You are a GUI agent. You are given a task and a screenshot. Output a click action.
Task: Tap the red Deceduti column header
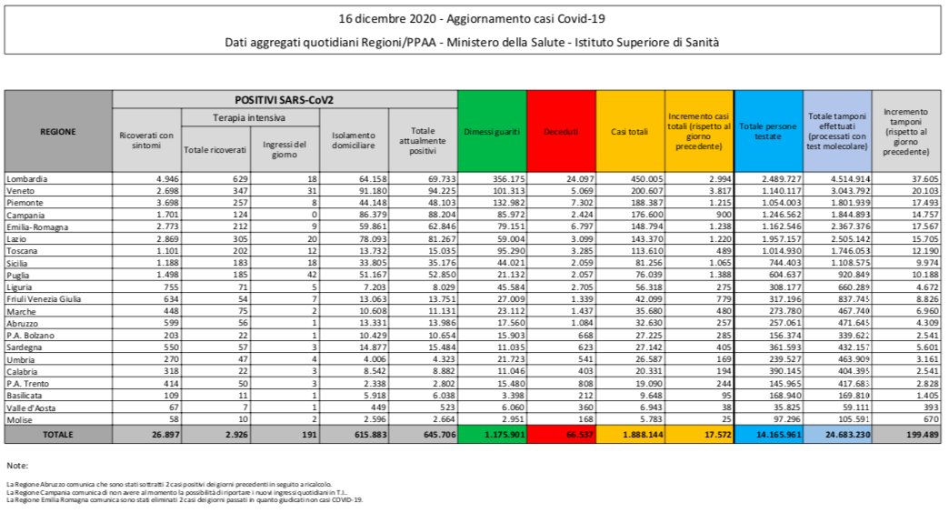(x=561, y=132)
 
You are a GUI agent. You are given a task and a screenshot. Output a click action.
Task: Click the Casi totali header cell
(x=629, y=132)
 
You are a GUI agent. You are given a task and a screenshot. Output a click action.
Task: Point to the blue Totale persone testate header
(x=768, y=132)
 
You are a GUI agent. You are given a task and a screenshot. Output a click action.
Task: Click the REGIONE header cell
(x=58, y=132)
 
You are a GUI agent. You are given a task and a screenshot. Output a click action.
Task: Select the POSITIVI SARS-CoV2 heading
(x=285, y=98)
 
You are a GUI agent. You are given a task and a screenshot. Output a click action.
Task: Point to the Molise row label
(x=21, y=421)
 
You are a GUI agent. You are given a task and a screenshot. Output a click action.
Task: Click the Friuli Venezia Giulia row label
(x=45, y=297)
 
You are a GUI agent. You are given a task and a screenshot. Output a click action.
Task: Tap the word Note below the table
(x=17, y=466)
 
